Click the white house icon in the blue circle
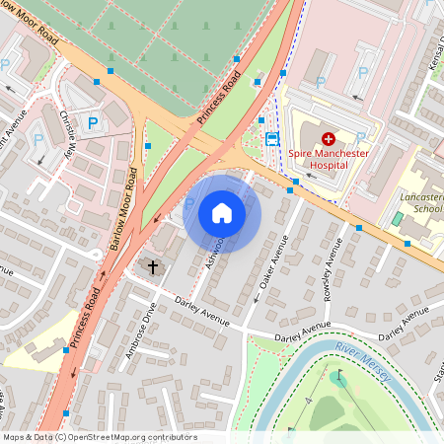click(222, 212)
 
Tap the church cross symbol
click(153, 265)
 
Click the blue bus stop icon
click(271, 137)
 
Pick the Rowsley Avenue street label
click(333, 267)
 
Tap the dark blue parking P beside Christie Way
click(93, 123)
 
